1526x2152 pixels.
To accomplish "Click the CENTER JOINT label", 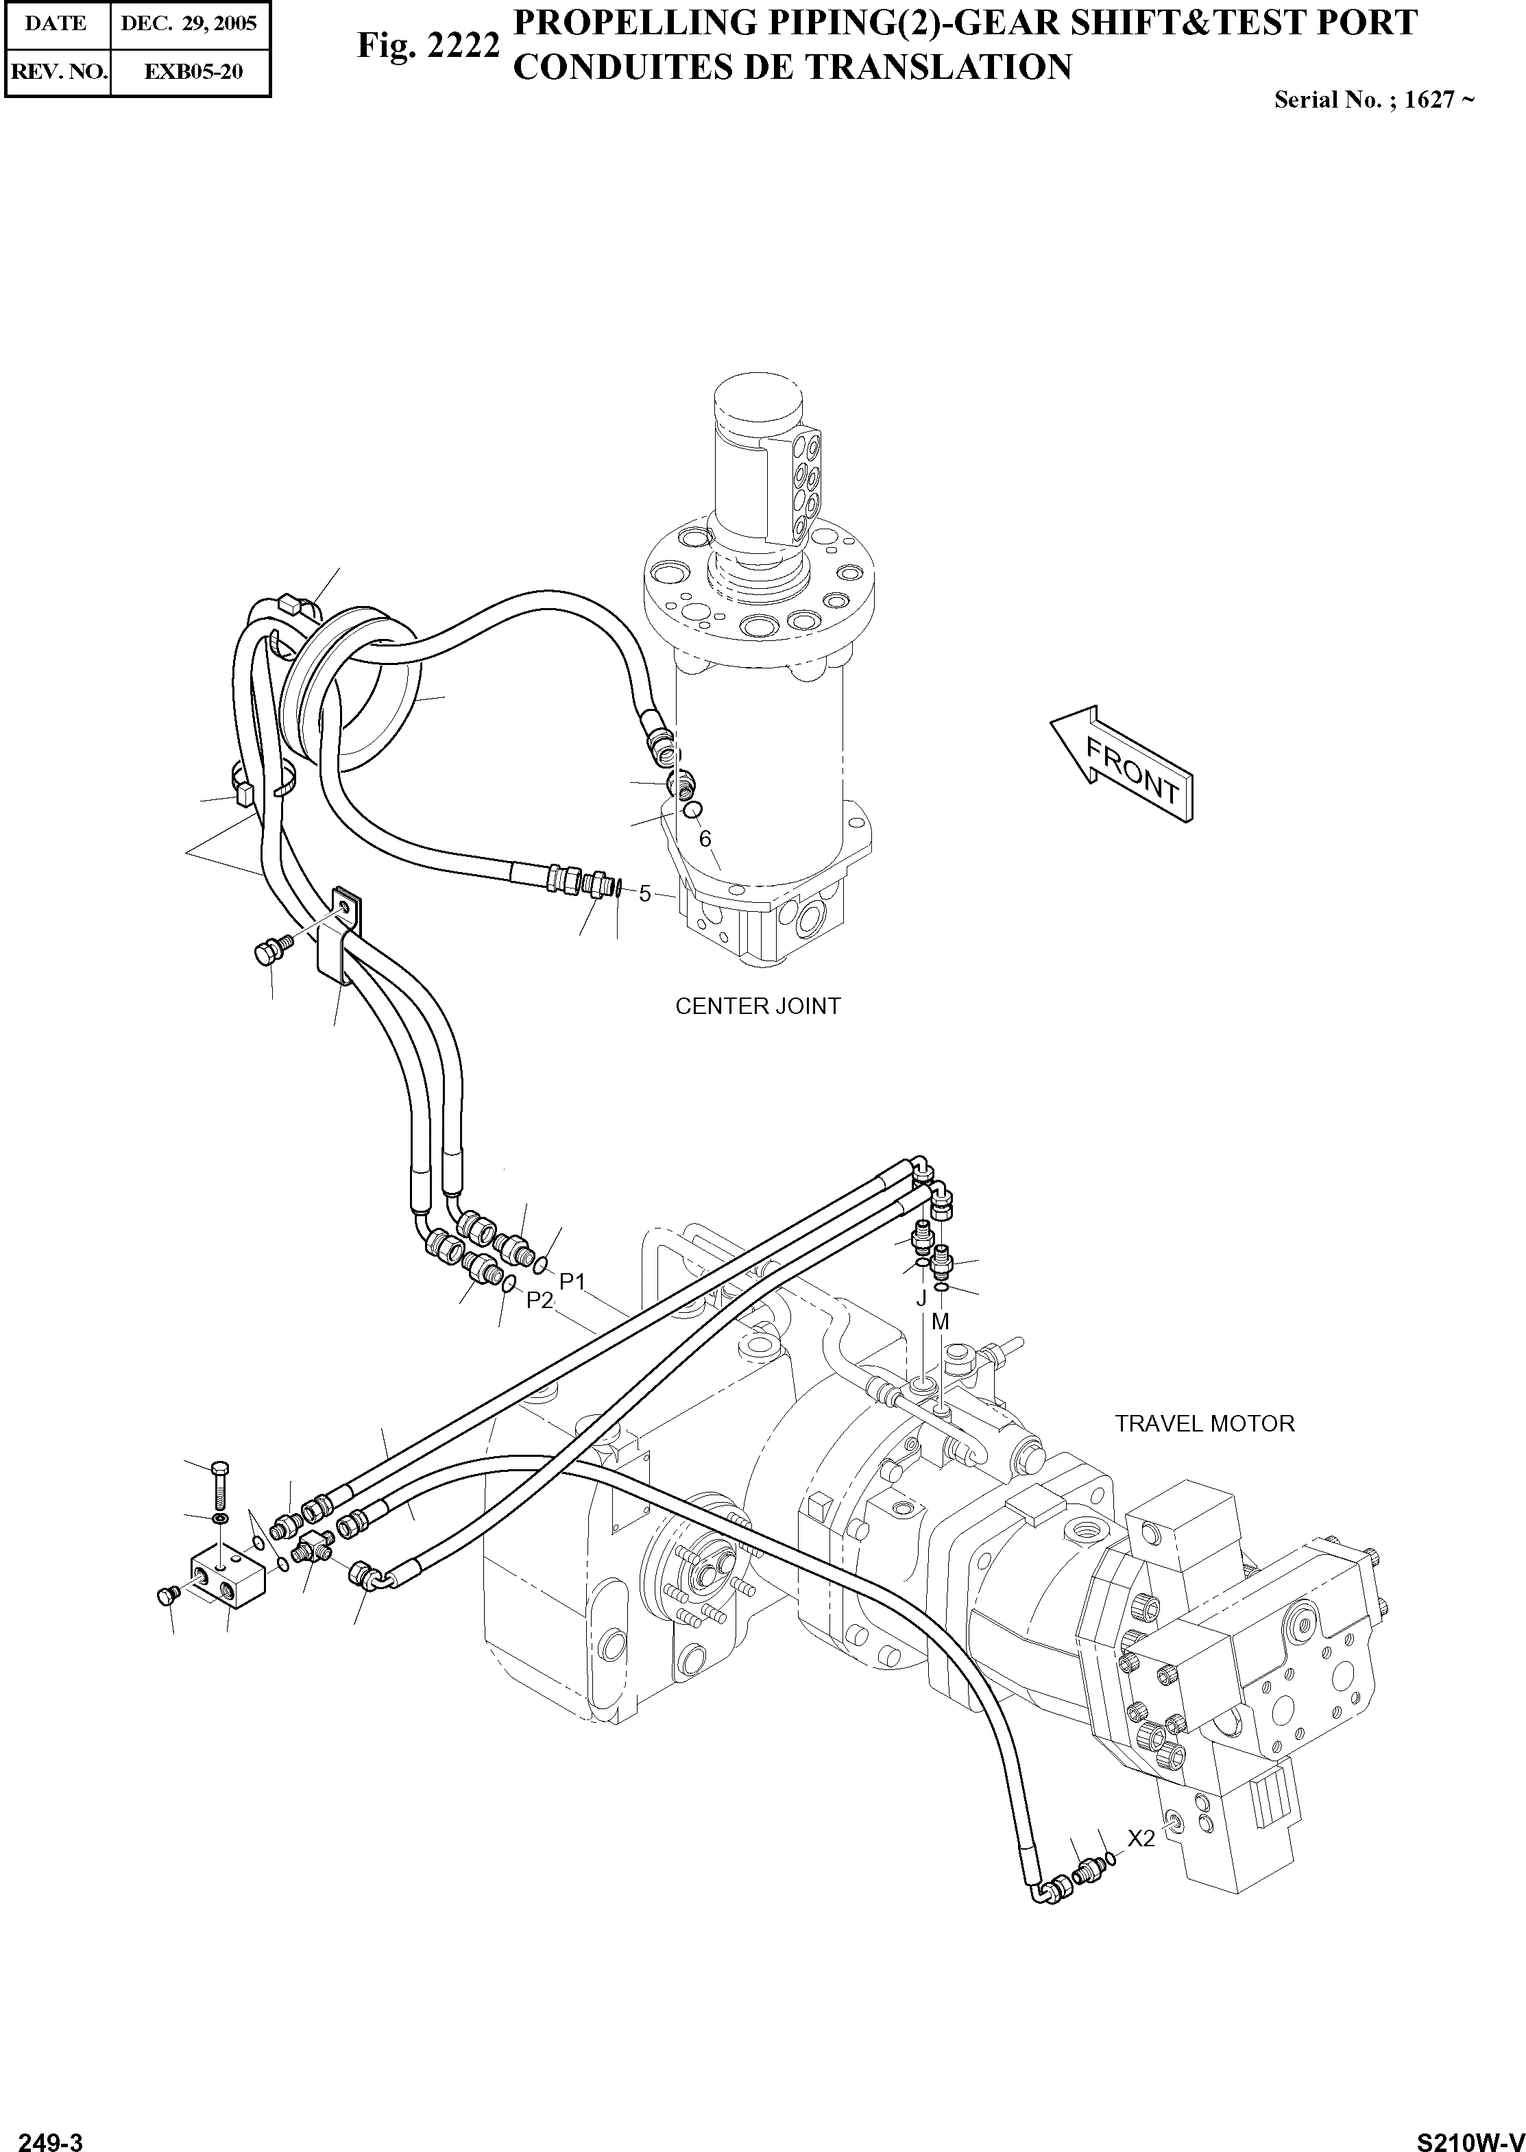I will [x=758, y=1006].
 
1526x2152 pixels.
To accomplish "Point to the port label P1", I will [x=572, y=1281].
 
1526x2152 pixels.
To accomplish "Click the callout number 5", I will [x=644, y=894].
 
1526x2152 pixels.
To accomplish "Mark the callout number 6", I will [x=705, y=839].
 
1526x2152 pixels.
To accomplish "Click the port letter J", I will [x=921, y=1298].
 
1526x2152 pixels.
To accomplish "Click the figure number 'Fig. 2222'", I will [x=428, y=45].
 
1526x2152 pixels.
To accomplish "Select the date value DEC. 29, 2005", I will [x=189, y=23].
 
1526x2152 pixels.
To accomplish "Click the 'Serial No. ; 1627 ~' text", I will [x=1373, y=99].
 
